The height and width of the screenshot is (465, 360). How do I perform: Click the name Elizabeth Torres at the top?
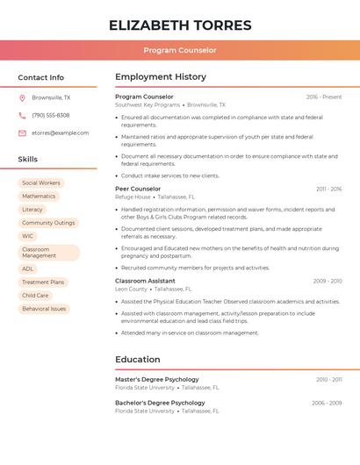[180, 25]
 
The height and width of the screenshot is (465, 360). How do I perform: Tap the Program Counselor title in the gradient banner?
[180, 50]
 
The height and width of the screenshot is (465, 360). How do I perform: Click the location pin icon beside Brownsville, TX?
[22, 97]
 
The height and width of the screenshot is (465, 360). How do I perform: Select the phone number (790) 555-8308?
[51, 115]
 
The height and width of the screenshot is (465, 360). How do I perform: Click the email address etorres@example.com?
[60, 133]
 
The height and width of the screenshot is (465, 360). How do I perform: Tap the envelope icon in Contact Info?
[22, 133]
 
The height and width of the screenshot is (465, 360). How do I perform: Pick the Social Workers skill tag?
[41, 182]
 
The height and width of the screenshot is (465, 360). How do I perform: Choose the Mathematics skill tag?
[39, 197]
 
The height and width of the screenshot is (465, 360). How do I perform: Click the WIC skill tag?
[28, 236]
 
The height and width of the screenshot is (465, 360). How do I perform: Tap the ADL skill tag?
[28, 269]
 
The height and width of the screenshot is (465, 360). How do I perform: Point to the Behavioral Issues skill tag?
[44, 309]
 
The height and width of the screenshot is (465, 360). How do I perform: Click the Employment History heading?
[161, 77]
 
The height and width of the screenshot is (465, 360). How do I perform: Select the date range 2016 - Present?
[324, 97]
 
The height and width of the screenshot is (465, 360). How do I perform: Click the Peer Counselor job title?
[138, 189]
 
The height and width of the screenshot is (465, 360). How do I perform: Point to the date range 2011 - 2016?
[328, 189]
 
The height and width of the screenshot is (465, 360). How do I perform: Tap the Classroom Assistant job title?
[145, 281]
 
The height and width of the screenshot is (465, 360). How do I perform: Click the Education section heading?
[138, 359]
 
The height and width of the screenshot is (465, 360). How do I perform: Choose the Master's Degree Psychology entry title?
[157, 379]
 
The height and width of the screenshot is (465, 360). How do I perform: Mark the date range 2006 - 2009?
[327, 403]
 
